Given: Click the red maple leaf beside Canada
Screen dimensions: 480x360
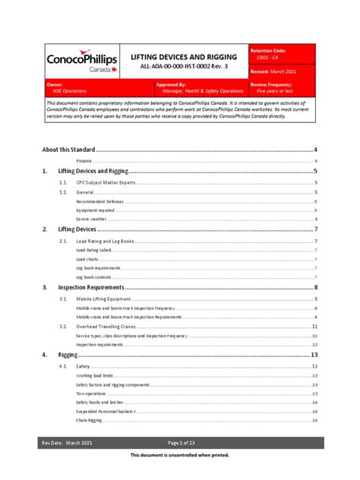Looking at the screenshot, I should coord(113,69).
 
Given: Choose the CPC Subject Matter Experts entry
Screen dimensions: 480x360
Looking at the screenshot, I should coord(106,183).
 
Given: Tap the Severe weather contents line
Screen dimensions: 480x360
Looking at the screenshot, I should coord(93,219).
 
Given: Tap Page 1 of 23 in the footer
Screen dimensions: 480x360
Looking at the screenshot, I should coord(181,442).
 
